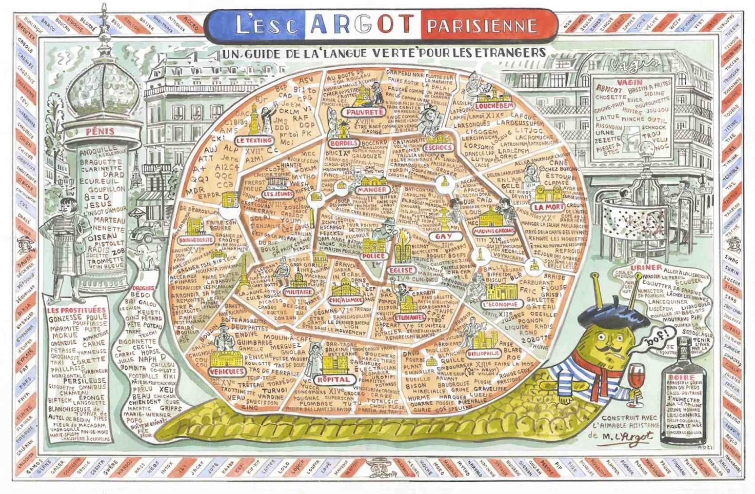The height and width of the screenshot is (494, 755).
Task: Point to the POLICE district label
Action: point(374,256)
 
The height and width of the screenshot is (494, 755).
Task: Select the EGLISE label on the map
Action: point(401,270)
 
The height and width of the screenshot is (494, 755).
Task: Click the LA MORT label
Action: point(548,207)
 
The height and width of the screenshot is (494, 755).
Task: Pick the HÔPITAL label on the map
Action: point(333,380)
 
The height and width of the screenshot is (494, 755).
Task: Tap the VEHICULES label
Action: point(226,371)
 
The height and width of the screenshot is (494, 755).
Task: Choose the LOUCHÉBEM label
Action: point(494,106)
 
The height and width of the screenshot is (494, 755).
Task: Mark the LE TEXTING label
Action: point(254,140)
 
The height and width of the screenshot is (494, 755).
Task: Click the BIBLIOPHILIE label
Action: point(483,353)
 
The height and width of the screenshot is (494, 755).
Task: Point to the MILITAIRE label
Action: point(298,292)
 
